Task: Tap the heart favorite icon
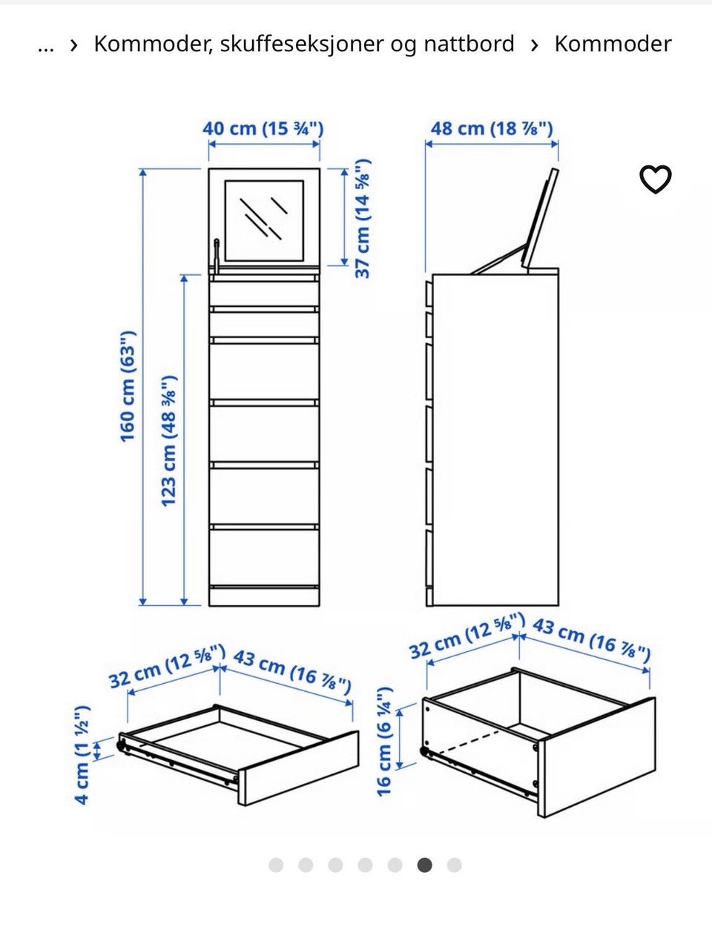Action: pyautogui.click(x=656, y=179)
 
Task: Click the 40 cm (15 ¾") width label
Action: pyautogui.click(x=263, y=128)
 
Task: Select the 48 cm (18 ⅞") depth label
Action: pyautogui.click(x=492, y=128)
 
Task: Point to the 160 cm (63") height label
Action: pyautogui.click(x=128, y=386)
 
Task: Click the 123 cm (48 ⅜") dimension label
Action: pyautogui.click(x=169, y=441)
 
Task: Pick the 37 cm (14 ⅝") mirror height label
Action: pyautogui.click(x=363, y=219)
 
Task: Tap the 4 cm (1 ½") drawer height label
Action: pyautogui.click(x=82, y=755)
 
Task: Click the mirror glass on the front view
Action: pyautogui.click(x=264, y=221)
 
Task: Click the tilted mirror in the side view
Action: pyautogui.click(x=540, y=218)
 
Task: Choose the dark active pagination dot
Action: pyautogui.click(x=424, y=865)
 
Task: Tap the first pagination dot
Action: pyautogui.click(x=276, y=865)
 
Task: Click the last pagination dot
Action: pyautogui.click(x=454, y=865)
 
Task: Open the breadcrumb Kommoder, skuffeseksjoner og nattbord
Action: pyautogui.click(x=304, y=44)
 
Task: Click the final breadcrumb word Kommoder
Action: pyautogui.click(x=613, y=44)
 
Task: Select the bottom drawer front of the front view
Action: pyautogui.click(x=264, y=558)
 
